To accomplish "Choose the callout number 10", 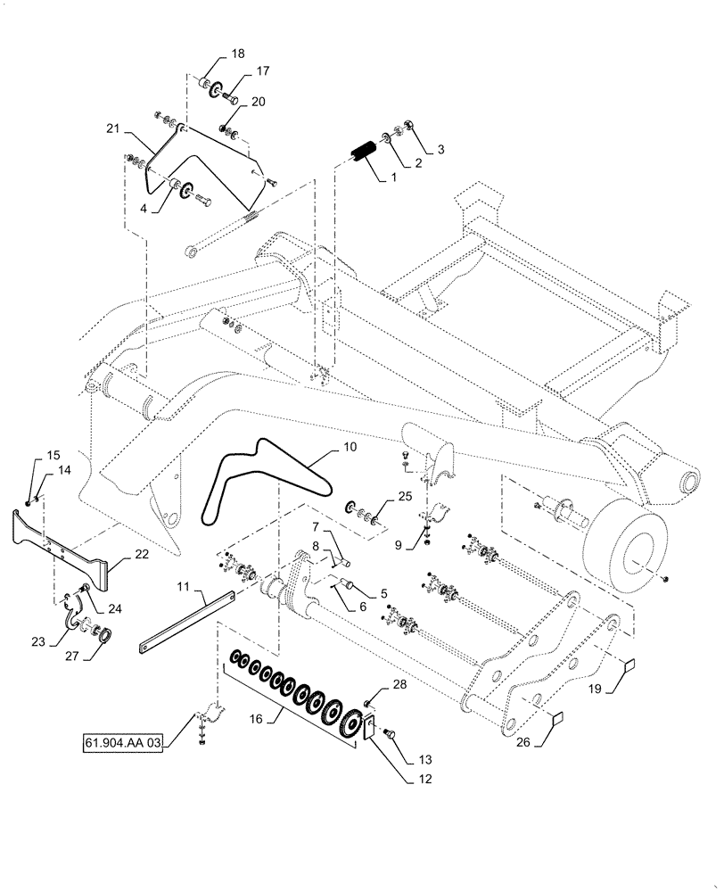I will tap(350, 446).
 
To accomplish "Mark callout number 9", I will tap(398, 541).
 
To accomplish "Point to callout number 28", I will tap(399, 685).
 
